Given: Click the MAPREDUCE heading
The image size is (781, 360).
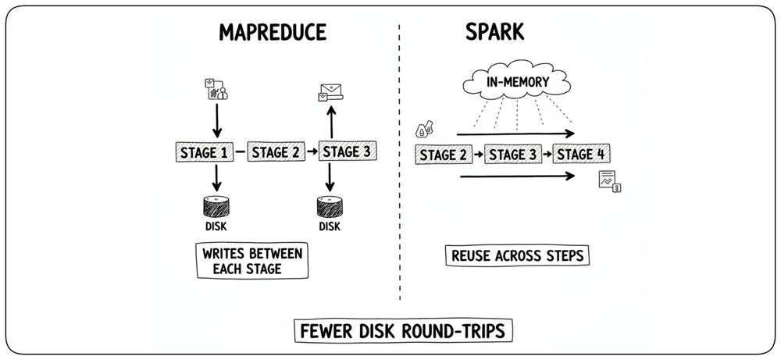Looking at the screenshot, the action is click(273, 32).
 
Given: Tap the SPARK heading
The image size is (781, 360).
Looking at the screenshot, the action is click(494, 32).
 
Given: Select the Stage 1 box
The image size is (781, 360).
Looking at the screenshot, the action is click(205, 151).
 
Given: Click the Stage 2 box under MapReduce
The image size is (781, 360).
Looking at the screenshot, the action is click(276, 151).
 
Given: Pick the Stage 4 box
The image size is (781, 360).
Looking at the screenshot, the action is click(581, 155).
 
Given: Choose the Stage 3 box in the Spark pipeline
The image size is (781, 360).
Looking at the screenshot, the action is click(513, 155).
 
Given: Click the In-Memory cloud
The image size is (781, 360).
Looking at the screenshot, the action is click(516, 80).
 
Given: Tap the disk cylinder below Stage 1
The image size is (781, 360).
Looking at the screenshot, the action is click(216, 207).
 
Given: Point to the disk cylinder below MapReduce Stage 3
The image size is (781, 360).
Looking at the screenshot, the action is click(330, 207).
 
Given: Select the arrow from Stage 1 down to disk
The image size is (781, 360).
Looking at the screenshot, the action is click(216, 178).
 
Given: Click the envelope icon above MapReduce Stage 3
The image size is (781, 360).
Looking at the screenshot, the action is click(331, 93).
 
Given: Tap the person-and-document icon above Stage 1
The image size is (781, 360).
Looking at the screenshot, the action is click(216, 89).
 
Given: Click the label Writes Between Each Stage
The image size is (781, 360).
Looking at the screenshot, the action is click(252, 261).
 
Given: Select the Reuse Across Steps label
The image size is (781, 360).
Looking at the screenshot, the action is click(517, 256).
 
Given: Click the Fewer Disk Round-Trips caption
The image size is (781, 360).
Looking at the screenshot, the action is click(403, 330).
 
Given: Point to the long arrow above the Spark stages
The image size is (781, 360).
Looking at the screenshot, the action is click(515, 134).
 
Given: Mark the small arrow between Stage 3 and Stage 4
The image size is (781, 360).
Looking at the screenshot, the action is click(547, 155).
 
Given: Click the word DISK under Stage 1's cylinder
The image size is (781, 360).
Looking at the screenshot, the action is click(216, 226).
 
